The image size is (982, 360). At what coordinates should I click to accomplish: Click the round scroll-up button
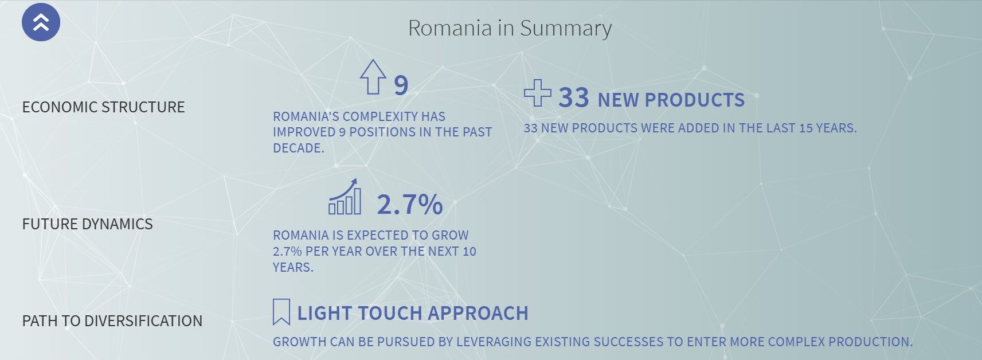[41, 22]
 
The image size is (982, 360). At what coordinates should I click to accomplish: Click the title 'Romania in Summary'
[510, 29]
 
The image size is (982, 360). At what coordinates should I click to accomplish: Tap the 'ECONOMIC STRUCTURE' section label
[103, 107]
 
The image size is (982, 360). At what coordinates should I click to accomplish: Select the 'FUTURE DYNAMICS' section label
[87, 224]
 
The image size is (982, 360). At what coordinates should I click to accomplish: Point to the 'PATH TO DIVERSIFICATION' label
[112, 321]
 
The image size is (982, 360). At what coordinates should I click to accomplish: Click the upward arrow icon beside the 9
[373, 77]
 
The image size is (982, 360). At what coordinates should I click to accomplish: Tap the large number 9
[401, 85]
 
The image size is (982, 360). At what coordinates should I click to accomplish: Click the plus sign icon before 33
[538, 93]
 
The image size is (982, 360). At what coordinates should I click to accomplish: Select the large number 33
[574, 97]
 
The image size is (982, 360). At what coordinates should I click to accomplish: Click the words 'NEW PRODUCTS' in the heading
[671, 100]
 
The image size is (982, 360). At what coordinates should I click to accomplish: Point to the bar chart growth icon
[345, 197]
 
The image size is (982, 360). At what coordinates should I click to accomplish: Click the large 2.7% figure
[410, 204]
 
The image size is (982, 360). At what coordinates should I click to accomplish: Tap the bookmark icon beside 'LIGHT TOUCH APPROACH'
[281, 312]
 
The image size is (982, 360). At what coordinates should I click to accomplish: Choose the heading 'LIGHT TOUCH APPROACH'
[413, 313]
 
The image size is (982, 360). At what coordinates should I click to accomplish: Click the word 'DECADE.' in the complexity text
[299, 148]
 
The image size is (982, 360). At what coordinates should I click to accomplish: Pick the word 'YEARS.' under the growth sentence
[294, 268]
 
